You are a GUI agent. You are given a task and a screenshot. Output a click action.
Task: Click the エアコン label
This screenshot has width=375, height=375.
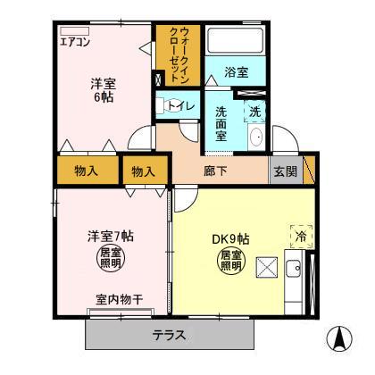(x=76, y=42)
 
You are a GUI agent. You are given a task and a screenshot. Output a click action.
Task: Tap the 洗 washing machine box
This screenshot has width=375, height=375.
(x=254, y=112)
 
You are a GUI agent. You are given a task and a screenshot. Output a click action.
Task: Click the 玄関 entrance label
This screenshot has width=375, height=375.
(x=285, y=170)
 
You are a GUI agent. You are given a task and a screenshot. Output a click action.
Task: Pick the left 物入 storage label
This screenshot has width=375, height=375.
(x=87, y=170)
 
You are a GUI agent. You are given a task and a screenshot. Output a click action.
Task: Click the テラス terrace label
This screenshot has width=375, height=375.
(x=169, y=335)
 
